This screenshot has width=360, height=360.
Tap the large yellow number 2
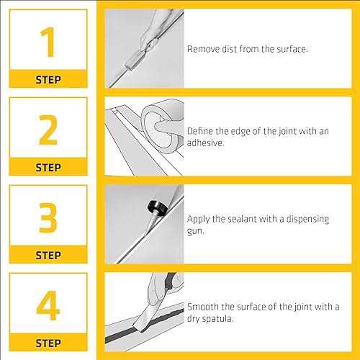coord(48,130)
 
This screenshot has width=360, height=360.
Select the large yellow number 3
coord(48,217)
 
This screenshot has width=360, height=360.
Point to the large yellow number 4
coord(48,305)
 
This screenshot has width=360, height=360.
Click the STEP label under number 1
coord(48,80)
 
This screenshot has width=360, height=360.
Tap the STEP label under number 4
coord(48,343)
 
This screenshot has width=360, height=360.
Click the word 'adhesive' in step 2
coord(205,143)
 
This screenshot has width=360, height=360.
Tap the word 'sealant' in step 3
coord(242,219)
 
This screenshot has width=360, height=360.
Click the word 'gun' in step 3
coord(195,231)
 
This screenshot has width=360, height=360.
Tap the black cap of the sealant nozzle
coord(158,207)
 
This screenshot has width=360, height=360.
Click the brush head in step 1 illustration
coord(132,63)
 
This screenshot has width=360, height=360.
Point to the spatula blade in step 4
coord(145,318)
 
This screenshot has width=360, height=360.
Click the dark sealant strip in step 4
coord(145,325)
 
